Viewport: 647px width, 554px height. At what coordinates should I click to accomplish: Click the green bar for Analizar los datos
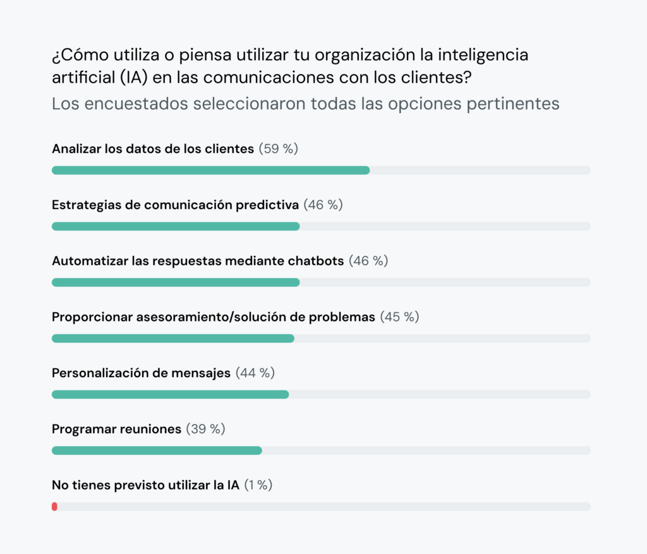pos(210,170)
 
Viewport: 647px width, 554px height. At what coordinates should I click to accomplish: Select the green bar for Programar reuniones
pos(157,450)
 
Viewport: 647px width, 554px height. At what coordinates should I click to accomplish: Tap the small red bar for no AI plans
pos(54,507)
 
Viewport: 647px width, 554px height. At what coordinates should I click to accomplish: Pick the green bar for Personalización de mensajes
pos(170,394)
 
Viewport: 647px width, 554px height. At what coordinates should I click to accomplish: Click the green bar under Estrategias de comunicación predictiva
pos(176,226)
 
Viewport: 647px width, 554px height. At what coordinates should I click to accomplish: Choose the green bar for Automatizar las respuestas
pos(176,282)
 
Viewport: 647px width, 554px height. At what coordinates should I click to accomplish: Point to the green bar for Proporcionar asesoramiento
pos(172,339)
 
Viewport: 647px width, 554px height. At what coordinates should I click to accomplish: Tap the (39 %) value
pos(205,430)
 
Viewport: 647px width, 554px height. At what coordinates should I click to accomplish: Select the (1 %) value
pos(258,485)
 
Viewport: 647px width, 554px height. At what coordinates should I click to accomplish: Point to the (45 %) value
pos(399,317)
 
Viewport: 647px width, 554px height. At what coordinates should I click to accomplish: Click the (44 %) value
pos(255,373)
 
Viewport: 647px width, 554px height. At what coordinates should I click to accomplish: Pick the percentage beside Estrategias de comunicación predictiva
pos(323,205)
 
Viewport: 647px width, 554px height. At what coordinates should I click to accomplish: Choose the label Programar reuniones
pos(116,430)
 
